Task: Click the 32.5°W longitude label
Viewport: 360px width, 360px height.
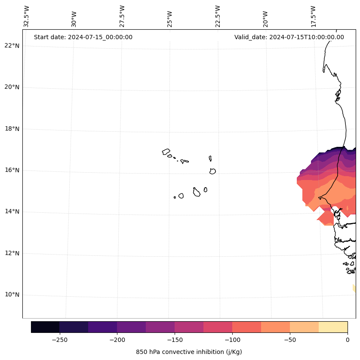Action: coord(27,16)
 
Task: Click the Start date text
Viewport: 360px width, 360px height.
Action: coord(83,37)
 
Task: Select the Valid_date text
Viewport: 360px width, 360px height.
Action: coord(289,37)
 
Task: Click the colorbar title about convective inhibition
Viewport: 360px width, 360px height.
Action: coord(189,352)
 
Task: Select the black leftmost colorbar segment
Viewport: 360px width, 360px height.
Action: coord(45,327)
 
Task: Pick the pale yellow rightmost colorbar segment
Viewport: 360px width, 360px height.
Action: coord(333,327)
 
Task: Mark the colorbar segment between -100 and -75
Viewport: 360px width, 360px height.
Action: coord(246,327)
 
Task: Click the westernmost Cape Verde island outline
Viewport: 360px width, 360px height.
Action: coord(166,152)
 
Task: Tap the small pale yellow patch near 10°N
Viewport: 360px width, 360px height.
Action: coord(354,288)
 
